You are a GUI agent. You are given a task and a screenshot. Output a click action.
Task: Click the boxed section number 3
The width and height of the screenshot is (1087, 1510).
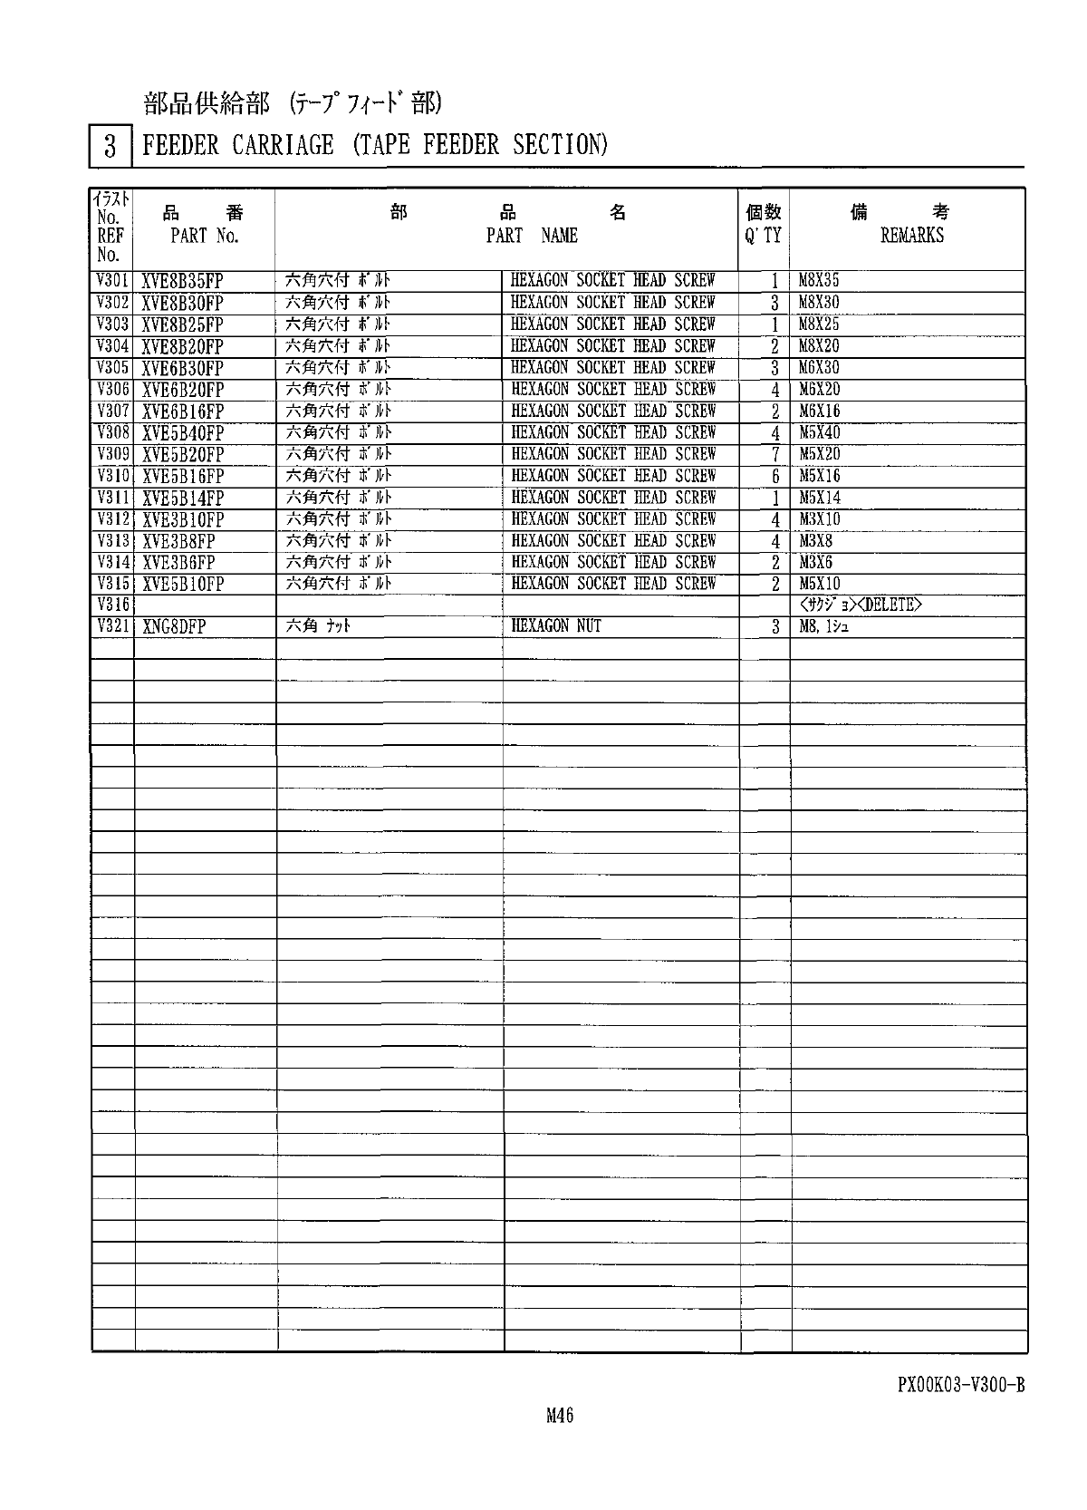point(111,146)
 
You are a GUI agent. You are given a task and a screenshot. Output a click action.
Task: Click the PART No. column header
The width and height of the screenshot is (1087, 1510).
point(205,236)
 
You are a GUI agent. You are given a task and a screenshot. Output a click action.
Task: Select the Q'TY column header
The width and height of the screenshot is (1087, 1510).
point(763,236)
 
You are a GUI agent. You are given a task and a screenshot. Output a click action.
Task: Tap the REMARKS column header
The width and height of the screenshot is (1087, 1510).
point(911,236)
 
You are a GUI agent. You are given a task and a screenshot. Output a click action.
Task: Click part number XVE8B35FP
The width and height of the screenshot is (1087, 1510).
point(183,281)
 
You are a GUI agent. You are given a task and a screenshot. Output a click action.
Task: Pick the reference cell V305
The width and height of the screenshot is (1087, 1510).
point(112,368)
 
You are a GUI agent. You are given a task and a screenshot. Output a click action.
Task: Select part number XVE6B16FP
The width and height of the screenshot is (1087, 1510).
point(183,411)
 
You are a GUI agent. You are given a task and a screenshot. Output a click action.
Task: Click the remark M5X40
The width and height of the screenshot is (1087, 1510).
point(819,432)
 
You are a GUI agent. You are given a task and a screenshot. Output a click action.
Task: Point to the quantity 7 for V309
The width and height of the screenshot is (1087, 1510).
point(775,455)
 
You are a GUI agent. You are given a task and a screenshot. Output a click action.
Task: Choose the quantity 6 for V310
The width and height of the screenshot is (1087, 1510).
point(775,477)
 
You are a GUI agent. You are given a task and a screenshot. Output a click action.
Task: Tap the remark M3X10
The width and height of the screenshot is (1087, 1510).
point(819,519)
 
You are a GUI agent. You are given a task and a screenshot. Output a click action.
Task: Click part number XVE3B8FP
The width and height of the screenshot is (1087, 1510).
point(178,541)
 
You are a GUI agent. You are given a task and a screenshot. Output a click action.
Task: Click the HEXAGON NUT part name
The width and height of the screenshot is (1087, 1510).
point(556,626)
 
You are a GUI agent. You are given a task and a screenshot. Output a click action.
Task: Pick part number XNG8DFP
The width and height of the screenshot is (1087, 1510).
point(174,626)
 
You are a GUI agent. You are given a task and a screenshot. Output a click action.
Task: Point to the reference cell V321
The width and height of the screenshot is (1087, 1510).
point(112,626)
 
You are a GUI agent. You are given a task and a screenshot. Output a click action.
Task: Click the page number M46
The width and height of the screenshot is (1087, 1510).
point(560,1416)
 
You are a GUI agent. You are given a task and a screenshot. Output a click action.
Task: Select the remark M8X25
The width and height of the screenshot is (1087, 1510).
point(819,324)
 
